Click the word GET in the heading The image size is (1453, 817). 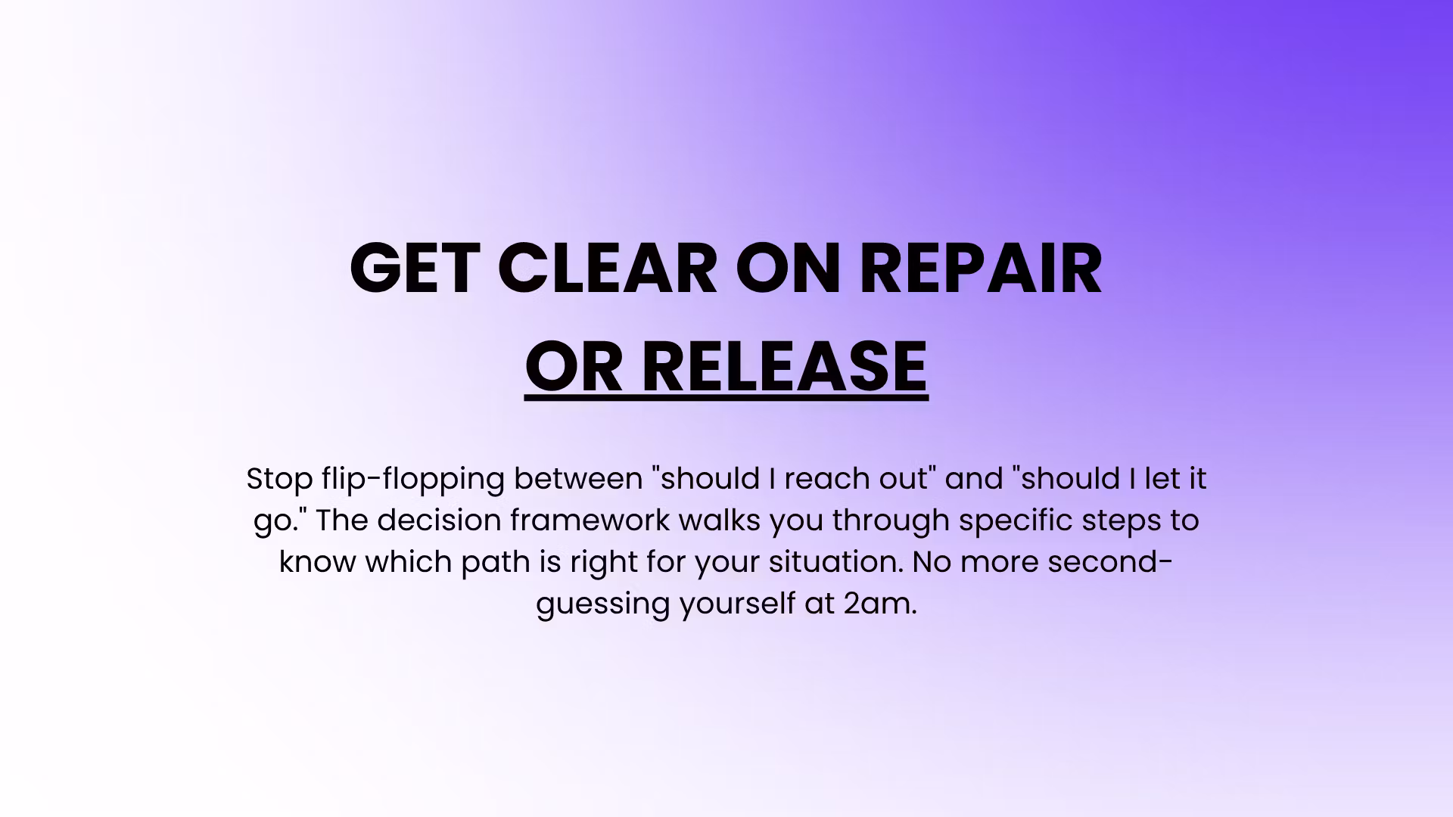pos(415,268)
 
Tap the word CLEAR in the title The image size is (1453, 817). pos(608,268)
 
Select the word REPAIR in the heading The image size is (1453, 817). pos(981,268)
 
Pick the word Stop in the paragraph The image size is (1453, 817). pos(279,478)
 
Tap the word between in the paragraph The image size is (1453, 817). pos(578,478)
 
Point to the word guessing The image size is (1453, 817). pos(602,604)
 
